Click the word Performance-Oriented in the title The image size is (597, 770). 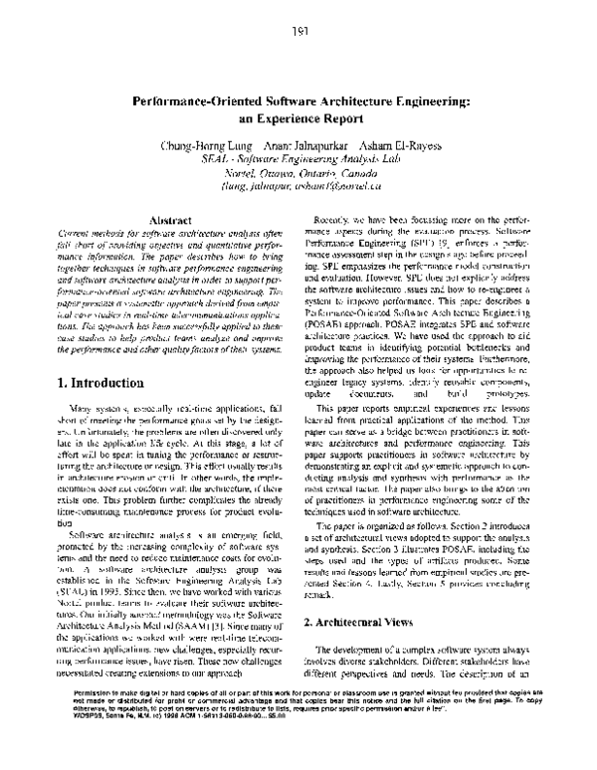tap(198, 101)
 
